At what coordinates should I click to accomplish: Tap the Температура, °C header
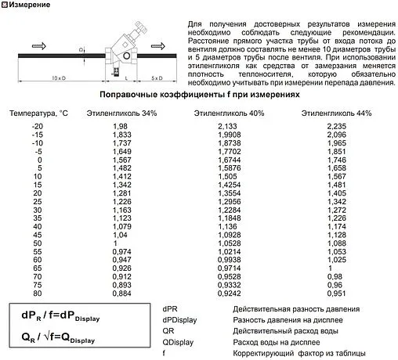[39, 113]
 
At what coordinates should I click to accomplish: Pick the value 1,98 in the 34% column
[120, 126]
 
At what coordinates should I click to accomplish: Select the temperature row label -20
[38, 126]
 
